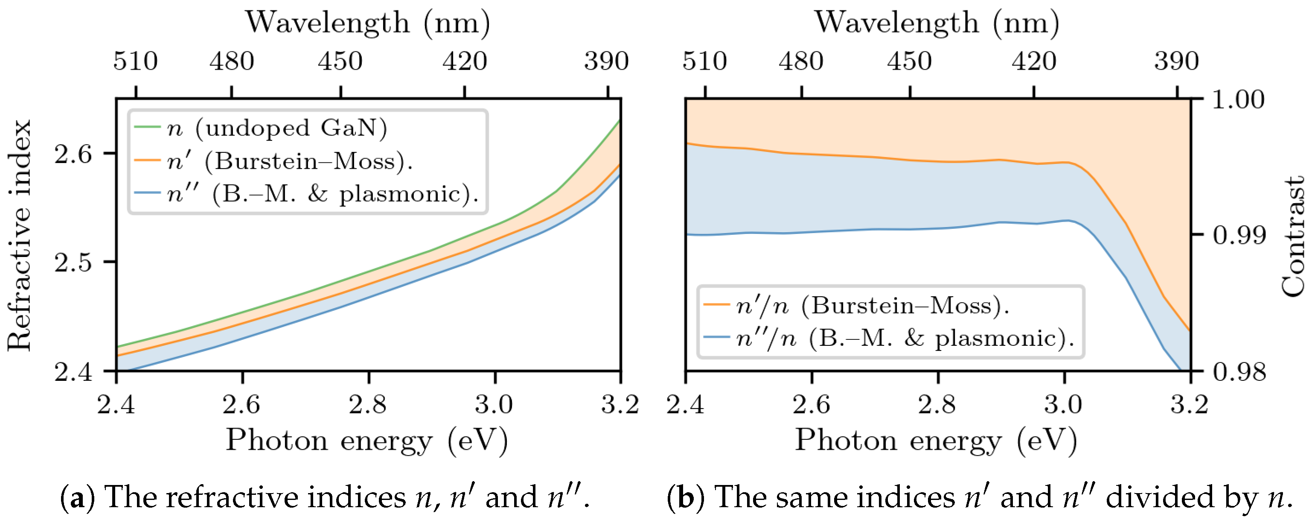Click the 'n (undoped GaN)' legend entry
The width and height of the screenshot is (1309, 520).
pos(277,128)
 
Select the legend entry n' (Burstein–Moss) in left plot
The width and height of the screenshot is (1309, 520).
pos(290,162)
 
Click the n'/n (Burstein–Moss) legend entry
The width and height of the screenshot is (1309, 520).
pos(872,306)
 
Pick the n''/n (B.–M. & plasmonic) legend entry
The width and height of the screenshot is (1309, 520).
pos(905,339)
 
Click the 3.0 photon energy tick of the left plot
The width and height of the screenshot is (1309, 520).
pos(494,405)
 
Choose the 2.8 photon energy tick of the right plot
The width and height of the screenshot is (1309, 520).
pos(937,405)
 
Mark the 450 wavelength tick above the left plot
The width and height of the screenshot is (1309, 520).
pos(340,61)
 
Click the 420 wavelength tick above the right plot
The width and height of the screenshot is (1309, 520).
pos(1033,61)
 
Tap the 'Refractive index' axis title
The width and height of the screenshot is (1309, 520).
pos(19,235)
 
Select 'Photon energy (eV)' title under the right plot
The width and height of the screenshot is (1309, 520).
pos(936,440)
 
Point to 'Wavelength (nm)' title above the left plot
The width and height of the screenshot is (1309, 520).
pos(368,23)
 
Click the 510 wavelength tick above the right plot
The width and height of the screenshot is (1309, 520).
pos(704,61)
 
